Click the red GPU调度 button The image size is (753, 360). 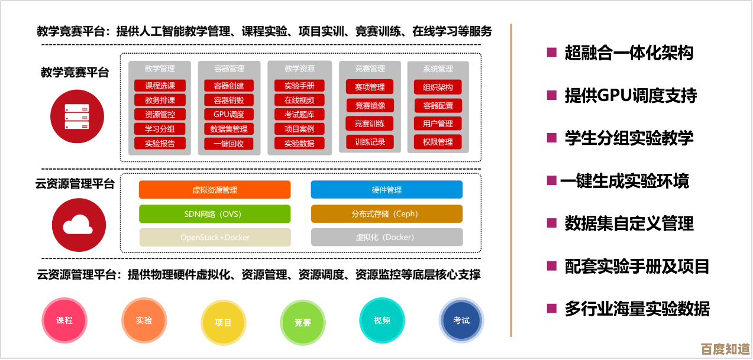pos(229,115)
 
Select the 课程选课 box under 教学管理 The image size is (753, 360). pos(160,86)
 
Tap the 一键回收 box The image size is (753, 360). pos(229,144)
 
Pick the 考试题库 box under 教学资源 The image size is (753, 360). pos(299,115)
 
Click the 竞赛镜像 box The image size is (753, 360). pos(370,106)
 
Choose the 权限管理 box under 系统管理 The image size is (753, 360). pos(438,142)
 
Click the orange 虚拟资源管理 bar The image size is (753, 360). pos(215,190)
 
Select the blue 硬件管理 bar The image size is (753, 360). pos(387,190)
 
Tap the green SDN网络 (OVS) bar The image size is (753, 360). pos(215,214)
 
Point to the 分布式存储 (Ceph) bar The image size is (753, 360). pos(387,214)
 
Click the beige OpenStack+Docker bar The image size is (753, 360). pos(215,238)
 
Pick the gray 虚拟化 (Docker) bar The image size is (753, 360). pos(387,238)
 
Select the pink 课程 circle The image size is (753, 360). pos(64,320)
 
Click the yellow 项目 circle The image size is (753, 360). pos(224,323)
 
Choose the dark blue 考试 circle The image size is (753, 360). pos(461,320)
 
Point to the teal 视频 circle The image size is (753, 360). pos(382,320)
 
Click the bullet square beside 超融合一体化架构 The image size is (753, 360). pos(551,53)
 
